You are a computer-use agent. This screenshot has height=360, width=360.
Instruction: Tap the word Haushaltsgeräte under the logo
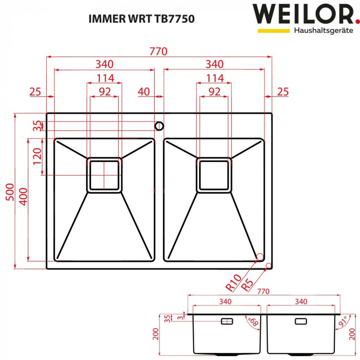point(323,31)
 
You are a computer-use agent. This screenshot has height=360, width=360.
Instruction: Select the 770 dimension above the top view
point(159,51)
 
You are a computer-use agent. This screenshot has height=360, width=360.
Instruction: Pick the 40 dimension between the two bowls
point(143,92)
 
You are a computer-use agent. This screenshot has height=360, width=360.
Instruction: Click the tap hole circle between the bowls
point(159,125)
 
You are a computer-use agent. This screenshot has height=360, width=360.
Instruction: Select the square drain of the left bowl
point(104,175)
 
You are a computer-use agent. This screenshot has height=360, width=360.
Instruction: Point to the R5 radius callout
point(247,284)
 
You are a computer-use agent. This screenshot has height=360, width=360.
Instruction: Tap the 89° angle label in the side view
point(253,322)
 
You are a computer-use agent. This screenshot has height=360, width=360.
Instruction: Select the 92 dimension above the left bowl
point(104,92)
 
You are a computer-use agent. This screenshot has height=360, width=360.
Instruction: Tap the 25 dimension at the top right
point(282,92)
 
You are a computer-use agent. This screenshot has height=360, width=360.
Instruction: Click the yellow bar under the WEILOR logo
point(274,31)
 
